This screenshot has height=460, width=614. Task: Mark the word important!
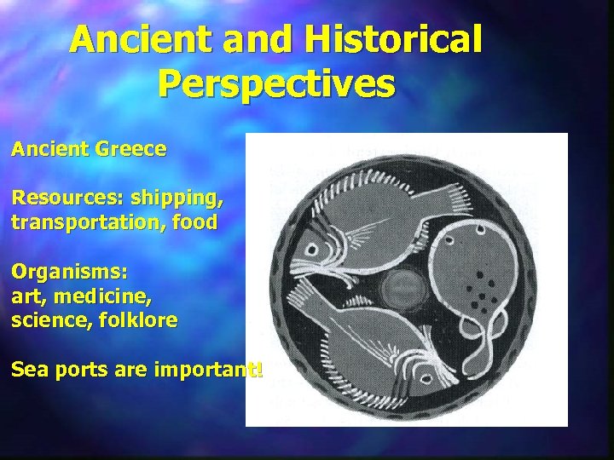(204, 370)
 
